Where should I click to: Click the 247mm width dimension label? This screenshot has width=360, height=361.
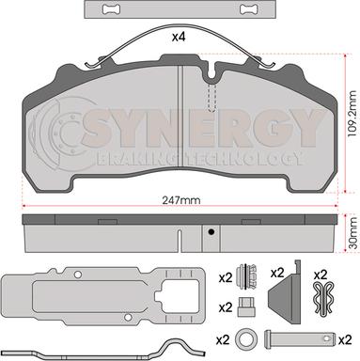point(181,200)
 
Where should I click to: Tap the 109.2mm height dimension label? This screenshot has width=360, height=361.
point(352,113)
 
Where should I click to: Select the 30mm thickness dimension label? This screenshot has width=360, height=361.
point(353,233)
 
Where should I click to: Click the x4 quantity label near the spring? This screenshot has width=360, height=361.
point(179,38)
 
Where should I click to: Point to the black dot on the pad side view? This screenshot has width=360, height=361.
point(211,232)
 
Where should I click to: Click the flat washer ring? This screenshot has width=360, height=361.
point(247,339)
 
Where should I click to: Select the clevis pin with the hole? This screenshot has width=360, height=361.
point(300,339)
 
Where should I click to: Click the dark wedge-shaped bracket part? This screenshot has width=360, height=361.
point(285,292)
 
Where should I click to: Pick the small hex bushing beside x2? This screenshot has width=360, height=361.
point(245,306)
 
